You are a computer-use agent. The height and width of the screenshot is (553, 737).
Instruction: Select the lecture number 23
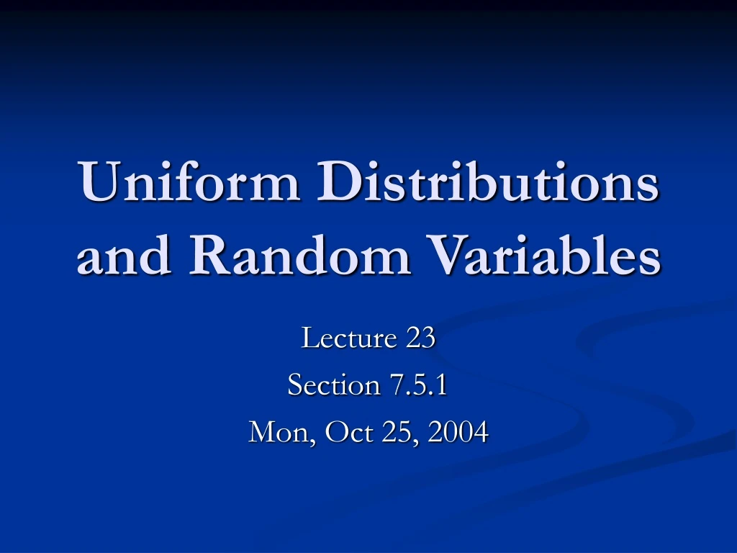(420, 337)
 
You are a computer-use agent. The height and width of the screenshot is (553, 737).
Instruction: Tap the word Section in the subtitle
(333, 385)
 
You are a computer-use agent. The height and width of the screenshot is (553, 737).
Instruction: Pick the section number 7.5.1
(419, 385)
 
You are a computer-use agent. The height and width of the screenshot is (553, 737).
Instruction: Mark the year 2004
(458, 433)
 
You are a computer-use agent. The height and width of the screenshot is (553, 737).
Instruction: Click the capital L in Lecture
(309, 337)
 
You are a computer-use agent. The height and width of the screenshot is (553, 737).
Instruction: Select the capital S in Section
(295, 385)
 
